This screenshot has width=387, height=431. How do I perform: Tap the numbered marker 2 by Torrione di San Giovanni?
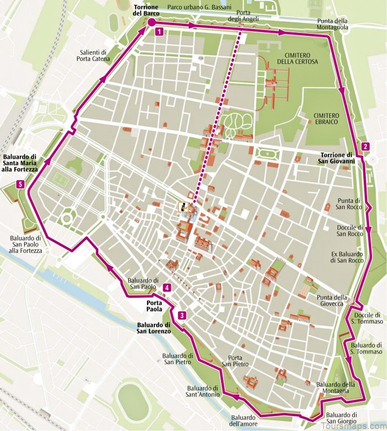(365, 146)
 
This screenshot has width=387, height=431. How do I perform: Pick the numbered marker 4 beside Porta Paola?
(167, 288)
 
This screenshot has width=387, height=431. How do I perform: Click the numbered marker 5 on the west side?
(19, 184)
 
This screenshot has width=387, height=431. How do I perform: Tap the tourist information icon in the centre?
(183, 207)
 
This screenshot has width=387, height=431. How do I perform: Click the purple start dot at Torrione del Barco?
(151, 22)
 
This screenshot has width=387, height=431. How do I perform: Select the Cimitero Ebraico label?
(327, 120)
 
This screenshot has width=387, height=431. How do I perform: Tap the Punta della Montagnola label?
(333, 24)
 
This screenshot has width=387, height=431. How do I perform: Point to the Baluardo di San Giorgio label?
(341, 418)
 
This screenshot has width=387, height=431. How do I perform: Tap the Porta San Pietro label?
(235, 360)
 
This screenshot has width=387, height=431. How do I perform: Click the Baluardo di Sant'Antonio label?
(203, 391)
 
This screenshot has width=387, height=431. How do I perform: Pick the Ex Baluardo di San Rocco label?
(347, 257)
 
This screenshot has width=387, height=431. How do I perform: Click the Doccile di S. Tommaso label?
(365, 318)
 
